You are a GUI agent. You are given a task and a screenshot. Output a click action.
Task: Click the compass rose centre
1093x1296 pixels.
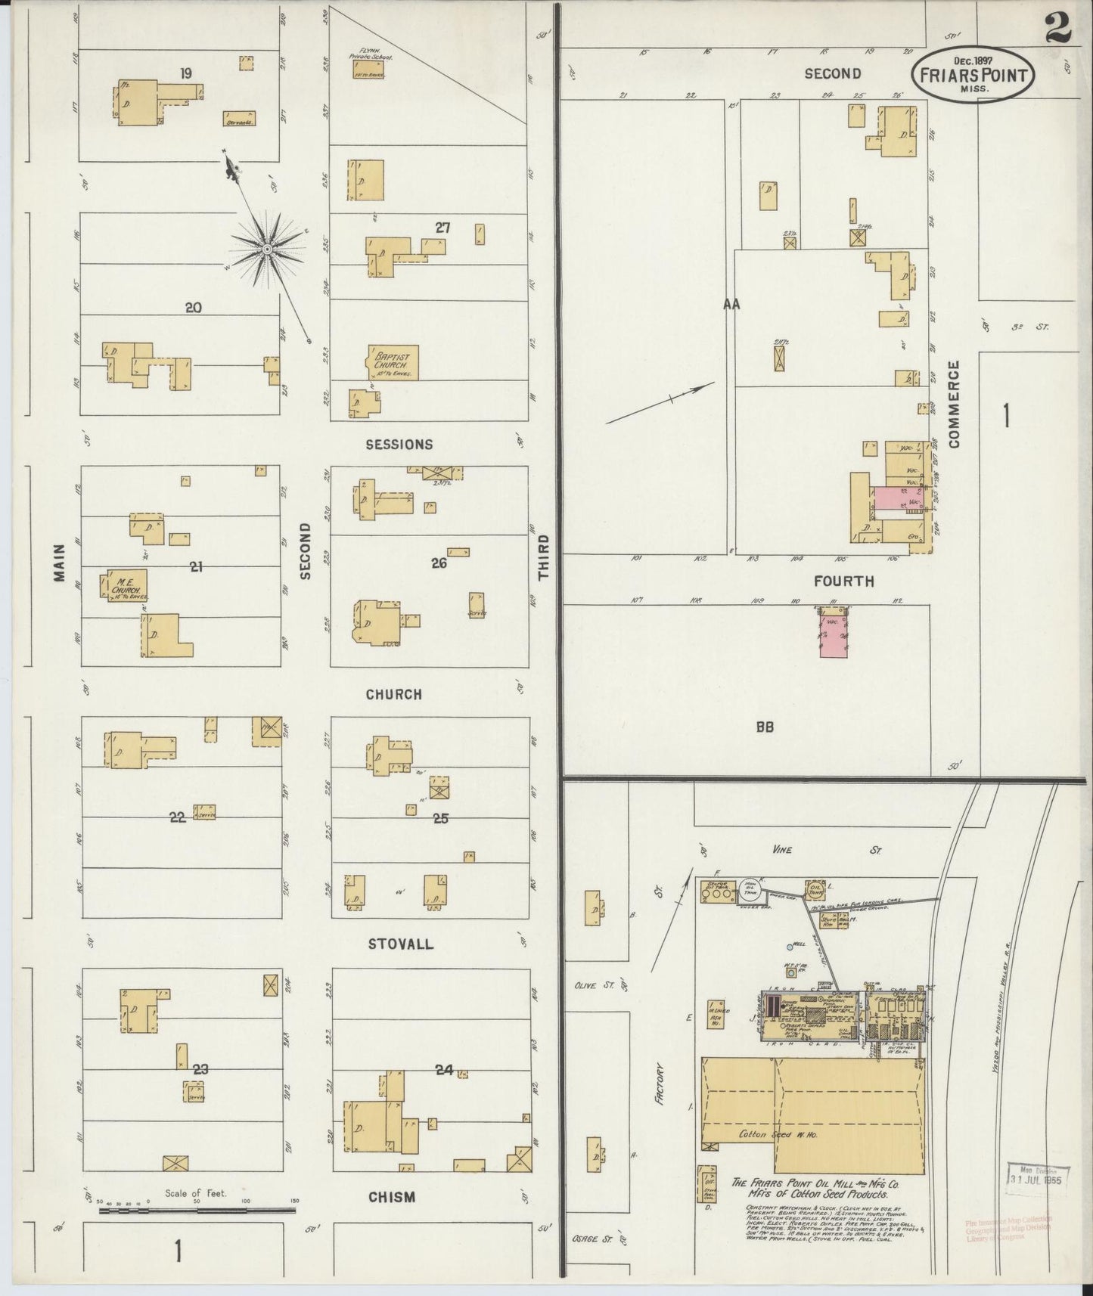pos(267,249)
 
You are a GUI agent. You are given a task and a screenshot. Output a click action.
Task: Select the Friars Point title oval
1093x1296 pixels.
pos(971,74)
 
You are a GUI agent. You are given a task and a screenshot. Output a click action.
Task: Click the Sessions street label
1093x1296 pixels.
pos(399,445)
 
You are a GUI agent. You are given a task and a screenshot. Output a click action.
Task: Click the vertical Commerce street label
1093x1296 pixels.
pos(954,404)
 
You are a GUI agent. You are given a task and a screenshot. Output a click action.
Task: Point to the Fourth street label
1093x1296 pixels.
pos(843,581)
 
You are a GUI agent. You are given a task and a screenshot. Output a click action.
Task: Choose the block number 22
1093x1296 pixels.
pos(178,817)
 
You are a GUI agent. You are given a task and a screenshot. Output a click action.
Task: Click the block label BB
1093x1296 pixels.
pos(764,727)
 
